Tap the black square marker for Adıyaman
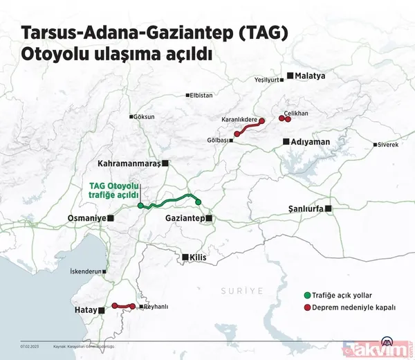tap(286, 142)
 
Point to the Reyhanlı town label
tap(156, 307)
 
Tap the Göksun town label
tap(145, 116)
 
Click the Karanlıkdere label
tap(239, 119)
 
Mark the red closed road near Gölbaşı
tap(250, 128)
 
